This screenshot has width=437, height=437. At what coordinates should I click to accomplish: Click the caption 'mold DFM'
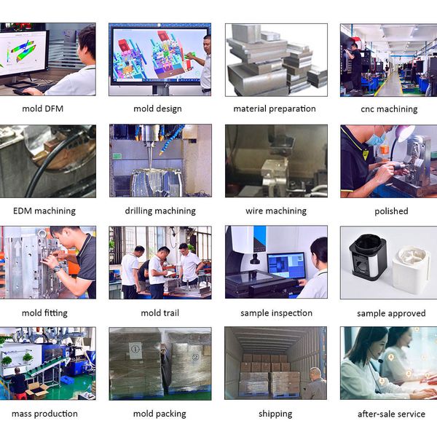43,109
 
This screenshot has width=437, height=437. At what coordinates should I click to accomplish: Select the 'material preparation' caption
275,109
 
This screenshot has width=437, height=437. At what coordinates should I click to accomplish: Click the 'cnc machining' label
389,109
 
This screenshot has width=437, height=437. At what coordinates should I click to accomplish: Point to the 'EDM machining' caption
44,211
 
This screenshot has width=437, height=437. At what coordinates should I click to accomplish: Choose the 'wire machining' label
276,211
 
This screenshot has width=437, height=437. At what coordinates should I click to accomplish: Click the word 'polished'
391,211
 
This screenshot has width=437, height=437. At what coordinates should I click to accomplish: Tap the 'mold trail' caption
160,313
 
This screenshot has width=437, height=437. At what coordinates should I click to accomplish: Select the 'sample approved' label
391,313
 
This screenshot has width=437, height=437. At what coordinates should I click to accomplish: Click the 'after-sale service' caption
391,414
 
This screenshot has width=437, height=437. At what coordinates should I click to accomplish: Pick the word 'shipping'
275,414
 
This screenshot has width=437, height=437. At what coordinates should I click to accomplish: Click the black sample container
368,256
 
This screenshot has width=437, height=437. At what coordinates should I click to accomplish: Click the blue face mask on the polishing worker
377,138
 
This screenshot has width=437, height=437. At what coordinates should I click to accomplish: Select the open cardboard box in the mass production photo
36,390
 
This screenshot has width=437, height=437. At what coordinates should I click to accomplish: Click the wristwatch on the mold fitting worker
57,269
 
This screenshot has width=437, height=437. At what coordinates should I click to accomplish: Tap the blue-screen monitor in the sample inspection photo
286,265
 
